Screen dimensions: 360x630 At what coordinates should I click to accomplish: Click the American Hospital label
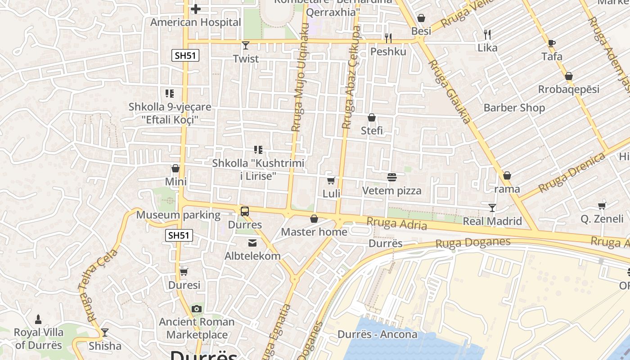point(196,22)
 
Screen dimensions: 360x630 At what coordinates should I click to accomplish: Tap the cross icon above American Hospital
point(196,9)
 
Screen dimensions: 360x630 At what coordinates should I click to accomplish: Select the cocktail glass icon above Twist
point(245,45)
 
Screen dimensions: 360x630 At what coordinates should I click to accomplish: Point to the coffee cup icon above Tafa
point(552,43)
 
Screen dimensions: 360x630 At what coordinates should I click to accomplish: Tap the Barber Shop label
point(514,108)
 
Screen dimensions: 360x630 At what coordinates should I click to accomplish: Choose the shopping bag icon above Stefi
point(372,117)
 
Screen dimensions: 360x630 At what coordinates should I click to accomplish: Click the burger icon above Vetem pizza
point(391,177)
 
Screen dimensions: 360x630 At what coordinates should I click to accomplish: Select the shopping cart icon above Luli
point(331,180)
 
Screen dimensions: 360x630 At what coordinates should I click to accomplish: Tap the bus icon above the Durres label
point(245,211)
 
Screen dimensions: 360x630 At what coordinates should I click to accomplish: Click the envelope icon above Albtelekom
point(252,243)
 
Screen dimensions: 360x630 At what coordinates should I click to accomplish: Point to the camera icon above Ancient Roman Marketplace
point(196,309)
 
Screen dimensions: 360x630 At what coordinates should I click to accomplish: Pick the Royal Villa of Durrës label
point(39,339)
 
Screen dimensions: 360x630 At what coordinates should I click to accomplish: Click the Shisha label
point(105,346)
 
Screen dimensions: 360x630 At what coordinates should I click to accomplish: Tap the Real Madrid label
point(492,221)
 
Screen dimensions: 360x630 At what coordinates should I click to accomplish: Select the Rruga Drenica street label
point(572,173)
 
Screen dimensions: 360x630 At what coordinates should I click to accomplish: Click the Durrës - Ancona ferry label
point(377,335)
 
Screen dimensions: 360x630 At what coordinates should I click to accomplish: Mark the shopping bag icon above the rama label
point(507,175)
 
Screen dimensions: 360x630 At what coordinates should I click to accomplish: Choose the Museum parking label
point(178,215)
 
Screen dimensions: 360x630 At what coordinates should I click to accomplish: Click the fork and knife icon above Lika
point(487,34)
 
